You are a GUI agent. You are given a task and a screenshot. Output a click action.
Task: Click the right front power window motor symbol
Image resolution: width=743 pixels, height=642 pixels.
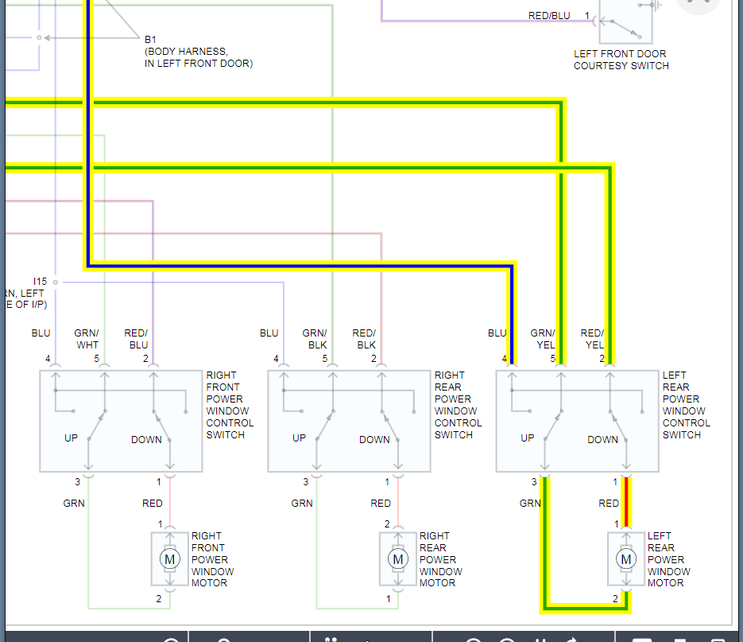pos(169,559)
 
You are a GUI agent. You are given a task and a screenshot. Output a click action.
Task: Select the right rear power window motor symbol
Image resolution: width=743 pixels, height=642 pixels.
pos(397,559)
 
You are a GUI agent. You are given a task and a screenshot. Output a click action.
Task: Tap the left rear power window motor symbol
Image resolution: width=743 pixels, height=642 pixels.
pos(625,559)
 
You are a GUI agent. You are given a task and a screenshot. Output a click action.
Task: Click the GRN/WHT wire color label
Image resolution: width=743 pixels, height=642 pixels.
pos(87,339)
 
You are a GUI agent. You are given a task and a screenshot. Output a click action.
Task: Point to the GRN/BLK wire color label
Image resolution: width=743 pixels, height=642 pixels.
pos(315,339)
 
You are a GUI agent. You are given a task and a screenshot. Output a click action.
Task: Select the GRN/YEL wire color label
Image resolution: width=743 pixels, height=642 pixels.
pos(543,339)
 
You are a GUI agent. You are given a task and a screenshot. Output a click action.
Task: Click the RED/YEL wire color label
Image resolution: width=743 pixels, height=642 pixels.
pos(593,339)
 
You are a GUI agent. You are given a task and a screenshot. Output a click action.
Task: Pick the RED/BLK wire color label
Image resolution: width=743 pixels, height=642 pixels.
pos(365,339)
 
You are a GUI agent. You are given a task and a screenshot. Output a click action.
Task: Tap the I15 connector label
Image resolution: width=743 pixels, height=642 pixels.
pos(40,282)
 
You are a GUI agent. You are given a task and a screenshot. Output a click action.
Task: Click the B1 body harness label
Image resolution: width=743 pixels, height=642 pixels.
pos(151,39)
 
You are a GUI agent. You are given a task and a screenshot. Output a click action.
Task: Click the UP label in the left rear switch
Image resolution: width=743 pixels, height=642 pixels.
pos(528,438)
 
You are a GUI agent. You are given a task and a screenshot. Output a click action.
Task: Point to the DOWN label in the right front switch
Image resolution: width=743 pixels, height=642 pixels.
pos(146,439)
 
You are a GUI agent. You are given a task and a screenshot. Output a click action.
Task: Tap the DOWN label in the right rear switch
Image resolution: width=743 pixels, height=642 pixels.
pos(374,439)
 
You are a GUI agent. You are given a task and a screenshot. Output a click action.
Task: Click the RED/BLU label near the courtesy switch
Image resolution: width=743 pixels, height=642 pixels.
pos(550,16)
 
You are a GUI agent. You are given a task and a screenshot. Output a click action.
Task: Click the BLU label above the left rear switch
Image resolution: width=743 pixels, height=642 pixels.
pos(497,333)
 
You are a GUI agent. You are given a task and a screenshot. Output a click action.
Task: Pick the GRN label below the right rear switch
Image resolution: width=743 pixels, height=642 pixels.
pos(302,503)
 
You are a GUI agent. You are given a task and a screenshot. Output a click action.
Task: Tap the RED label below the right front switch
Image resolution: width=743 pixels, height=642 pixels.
pos(153,503)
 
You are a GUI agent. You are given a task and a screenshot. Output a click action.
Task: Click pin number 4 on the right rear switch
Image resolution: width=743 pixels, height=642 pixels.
pos(277,359)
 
